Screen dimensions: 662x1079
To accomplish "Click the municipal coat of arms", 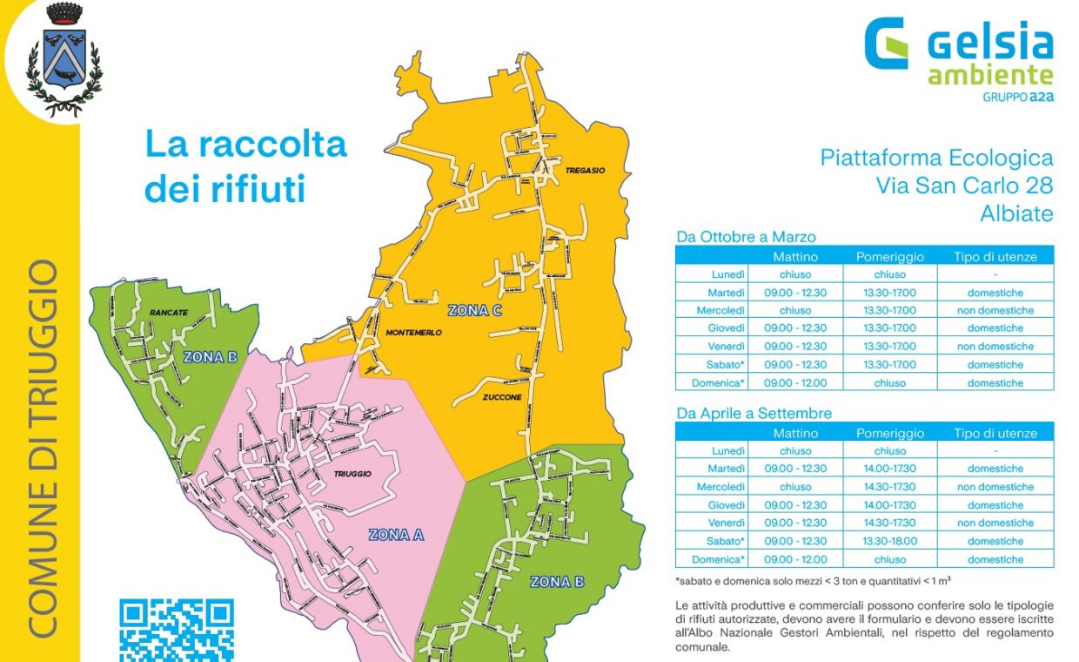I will coord(64,59).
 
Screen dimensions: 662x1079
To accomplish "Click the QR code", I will coord(177,629).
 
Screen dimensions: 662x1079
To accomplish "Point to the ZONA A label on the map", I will coord(396,535).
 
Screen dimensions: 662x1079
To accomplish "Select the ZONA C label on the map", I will coord(475,310).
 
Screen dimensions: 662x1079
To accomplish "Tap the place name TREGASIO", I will coord(584,171).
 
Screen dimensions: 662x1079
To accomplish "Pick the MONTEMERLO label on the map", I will coord(413,333).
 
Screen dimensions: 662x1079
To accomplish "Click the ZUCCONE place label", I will coord(503,396).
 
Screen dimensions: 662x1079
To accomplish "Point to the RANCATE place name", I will coord(169,311).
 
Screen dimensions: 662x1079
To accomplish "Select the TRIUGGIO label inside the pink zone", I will coord(352,474).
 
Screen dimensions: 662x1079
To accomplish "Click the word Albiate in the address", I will coord(1016,213).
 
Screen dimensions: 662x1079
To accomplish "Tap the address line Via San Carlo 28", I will coord(964,186).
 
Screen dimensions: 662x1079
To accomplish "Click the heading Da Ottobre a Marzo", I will coord(746,237).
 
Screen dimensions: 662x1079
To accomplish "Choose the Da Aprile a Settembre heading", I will coord(754,414).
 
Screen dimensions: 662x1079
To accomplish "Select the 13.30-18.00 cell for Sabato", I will coord(889,541).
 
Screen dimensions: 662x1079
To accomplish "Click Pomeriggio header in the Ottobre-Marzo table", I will coord(889,257).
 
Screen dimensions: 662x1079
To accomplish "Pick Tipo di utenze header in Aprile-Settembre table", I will coord(995,433).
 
